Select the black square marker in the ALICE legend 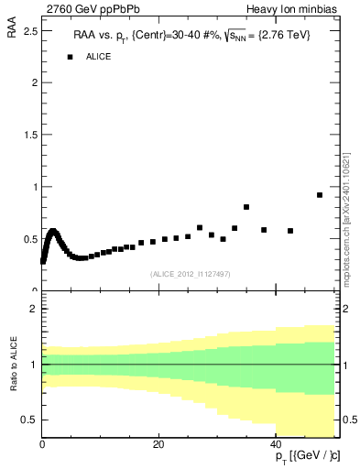(x=70, y=57)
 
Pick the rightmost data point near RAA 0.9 (x=319, y=195)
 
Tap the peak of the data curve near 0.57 (x=53, y=232)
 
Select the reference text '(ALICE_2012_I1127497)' (x=191, y=274)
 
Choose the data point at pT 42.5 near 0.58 (x=290, y=231)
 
